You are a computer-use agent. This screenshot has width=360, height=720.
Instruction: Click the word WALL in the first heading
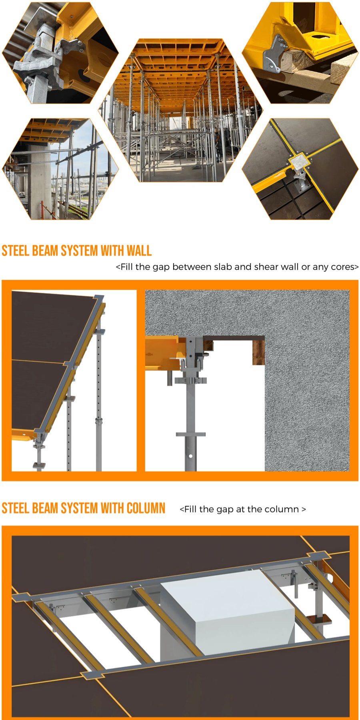[x=139, y=251]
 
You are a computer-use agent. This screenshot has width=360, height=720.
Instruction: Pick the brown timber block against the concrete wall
[x=258, y=352]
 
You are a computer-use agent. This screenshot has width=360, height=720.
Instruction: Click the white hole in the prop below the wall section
[x=191, y=456]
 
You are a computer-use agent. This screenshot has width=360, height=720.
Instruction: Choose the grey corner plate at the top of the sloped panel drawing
[x=98, y=298]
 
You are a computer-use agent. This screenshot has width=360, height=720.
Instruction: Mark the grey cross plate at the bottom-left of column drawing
[x=92, y=675]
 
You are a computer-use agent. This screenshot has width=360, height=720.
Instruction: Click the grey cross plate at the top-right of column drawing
[x=318, y=556]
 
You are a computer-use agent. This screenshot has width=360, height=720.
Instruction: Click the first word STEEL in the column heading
[x=15, y=508]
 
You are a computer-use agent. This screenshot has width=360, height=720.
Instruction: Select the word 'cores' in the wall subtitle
[x=343, y=267]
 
